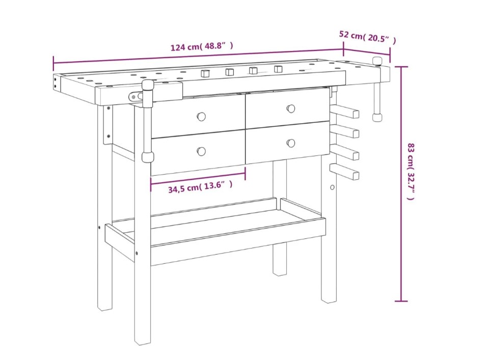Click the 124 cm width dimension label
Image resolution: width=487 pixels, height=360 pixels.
(x=202, y=46)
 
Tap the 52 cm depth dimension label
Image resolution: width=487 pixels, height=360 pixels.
(x=367, y=37)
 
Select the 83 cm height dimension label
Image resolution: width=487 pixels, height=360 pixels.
(x=411, y=171)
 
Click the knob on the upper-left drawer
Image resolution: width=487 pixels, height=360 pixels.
(x=201, y=117)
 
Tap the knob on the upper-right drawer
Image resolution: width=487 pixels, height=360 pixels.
(x=291, y=108)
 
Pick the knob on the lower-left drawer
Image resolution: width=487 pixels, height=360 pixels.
(x=201, y=151)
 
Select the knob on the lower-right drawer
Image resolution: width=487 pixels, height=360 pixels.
(x=291, y=143)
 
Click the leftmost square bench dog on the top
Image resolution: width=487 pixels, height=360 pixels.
(x=205, y=73)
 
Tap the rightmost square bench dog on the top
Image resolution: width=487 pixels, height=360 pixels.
(x=278, y=69)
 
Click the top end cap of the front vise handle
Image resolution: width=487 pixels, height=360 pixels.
(x=148, y=84)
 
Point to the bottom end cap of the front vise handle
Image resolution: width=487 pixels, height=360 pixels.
(x=148, y=157)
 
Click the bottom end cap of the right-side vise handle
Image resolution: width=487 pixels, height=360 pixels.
(x=377, y=117)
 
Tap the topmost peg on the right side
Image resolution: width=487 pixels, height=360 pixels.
(x=345, y=111)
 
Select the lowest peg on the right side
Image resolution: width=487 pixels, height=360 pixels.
(x=345, y=172)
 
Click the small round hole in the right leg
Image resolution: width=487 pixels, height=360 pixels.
(x=332, y=187)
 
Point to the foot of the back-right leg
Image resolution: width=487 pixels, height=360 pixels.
(x=280, y=272)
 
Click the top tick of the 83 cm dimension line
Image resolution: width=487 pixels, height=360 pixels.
(x=401, y=67)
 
